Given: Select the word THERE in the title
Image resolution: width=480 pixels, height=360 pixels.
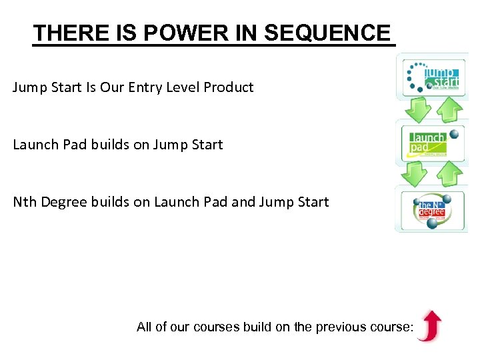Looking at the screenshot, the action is tap(64, 33).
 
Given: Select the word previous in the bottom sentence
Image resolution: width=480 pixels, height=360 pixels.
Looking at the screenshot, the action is tap(339, 327).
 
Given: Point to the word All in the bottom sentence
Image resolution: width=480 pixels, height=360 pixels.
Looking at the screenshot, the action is tap(144, 327).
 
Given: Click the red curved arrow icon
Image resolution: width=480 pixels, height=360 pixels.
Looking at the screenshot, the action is tap(429, 326).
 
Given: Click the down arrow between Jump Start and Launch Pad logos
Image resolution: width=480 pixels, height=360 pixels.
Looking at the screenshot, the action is tap(419, 109).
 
